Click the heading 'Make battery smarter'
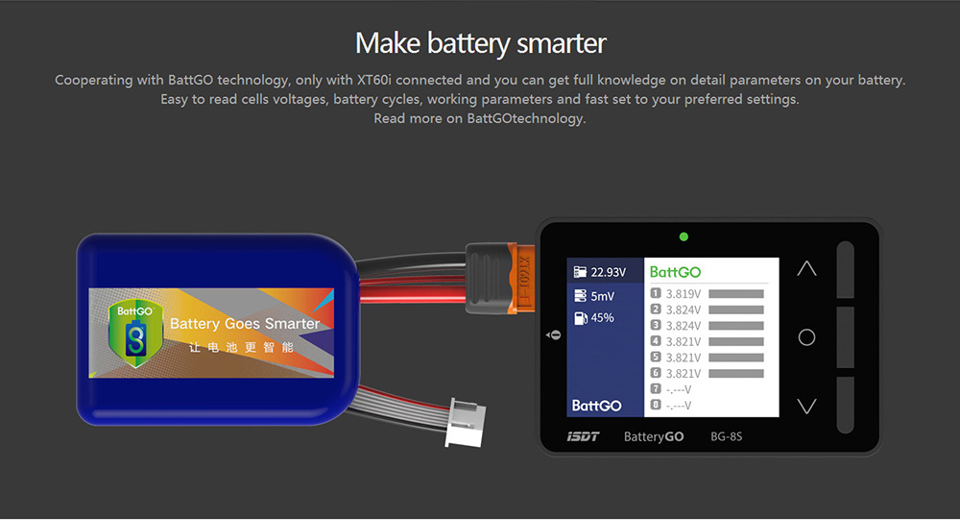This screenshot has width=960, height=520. tap(480, 43)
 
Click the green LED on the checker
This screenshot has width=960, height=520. tap(683, 236)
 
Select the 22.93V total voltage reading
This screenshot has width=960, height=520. tap(608, 273)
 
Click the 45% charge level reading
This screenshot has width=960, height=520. tap(602, 318)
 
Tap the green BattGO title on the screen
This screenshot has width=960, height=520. tap(676, 272)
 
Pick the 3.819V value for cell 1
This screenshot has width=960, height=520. tap(684, 294)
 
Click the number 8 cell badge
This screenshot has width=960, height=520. tap(657, 405)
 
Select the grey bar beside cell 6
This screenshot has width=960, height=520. tap(735, 373)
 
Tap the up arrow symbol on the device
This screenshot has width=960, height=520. tap(806, 269)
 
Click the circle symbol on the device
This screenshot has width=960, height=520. tap(806, 337)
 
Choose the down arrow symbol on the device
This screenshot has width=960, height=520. tap(806, 406)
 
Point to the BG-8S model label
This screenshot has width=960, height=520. tap(726, 436)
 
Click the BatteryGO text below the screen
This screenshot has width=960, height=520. tap(654, 436)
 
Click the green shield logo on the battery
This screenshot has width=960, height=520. tap(135, 332)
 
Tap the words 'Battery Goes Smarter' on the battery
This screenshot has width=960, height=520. tap(244, 324)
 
